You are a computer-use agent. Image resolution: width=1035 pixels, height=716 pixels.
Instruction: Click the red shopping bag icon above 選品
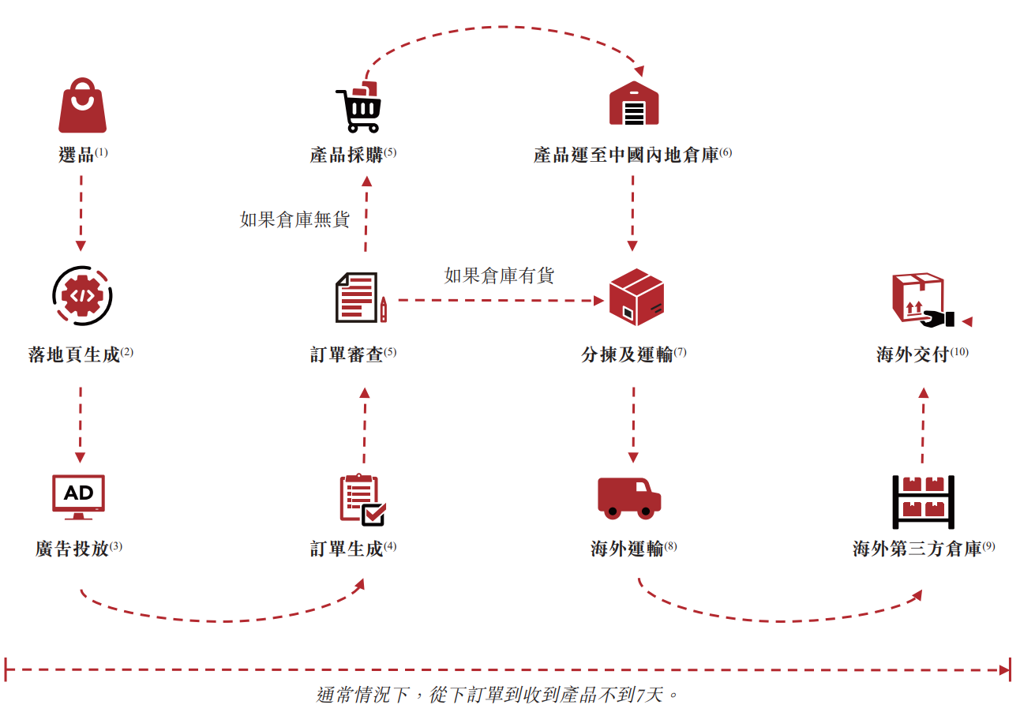(82, 106)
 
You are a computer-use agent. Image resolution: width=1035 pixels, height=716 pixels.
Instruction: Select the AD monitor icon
(78, 497)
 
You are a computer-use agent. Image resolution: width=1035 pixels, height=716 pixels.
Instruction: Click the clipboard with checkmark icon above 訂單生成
(362, 500)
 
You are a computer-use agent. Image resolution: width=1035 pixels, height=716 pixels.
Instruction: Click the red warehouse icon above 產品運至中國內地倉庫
(633, 103)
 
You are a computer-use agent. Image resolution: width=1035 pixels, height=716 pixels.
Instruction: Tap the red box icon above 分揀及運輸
(636, 298)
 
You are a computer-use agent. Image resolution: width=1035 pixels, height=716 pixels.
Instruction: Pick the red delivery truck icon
(628, 498)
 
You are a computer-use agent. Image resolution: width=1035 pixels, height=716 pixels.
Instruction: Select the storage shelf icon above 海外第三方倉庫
(923, 501)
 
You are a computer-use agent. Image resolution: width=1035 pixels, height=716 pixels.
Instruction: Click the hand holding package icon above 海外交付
(922, 300)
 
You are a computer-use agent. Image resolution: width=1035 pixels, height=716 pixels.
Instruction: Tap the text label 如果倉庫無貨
(294, 219)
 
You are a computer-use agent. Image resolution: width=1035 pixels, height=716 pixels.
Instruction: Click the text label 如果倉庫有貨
(499, 276)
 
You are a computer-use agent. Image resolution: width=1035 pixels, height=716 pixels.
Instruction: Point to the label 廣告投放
(73, 549)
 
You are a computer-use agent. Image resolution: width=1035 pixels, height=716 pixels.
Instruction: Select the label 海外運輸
(628, 549)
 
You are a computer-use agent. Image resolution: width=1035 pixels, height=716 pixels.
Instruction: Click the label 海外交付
(913, 354)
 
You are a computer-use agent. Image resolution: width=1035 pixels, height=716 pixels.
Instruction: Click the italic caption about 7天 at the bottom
(497, 695)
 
